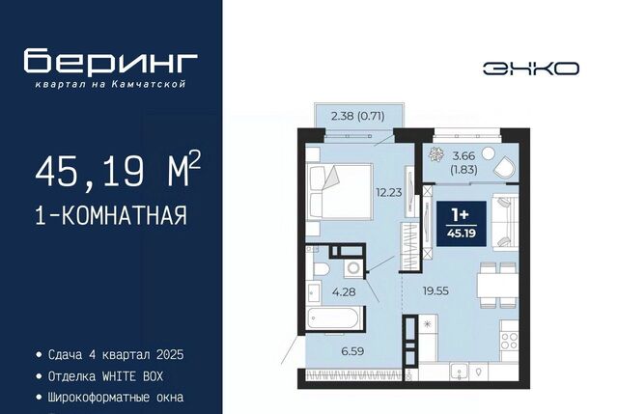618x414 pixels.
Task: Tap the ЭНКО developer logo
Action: point(531,69)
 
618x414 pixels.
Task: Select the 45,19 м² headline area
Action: point(118,170)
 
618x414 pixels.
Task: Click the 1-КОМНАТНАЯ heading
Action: point(111,215)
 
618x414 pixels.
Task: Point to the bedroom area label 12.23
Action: point(388,192)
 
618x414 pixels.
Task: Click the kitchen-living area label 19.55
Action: point(435,291)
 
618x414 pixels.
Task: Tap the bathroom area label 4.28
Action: point(344,291)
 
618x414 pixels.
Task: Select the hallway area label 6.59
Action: point(352,351)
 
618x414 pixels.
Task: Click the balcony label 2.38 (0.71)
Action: point(358,116)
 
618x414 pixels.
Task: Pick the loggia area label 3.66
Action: point(463,155)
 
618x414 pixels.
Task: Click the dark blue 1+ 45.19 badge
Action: point(462,224)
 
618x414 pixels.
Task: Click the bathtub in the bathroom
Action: point(333,318)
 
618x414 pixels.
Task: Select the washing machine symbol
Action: point(352,268)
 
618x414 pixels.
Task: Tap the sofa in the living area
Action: point(505,222)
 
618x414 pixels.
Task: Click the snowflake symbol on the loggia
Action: point(435,154)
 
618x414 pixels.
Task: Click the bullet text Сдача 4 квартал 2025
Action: point(110,354)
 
